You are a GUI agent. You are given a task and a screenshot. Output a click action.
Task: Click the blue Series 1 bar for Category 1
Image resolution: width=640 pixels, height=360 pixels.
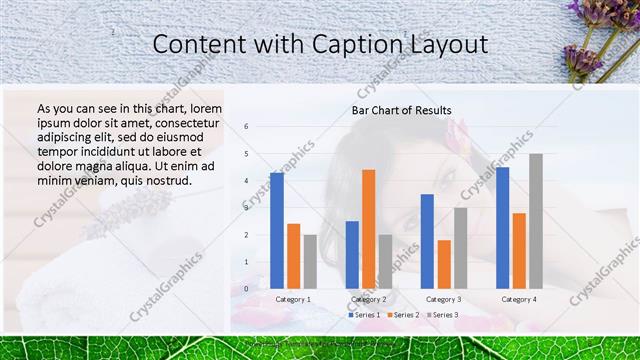(276, 231)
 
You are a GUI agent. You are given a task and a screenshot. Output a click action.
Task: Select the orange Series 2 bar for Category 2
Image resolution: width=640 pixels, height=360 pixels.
(368, 229)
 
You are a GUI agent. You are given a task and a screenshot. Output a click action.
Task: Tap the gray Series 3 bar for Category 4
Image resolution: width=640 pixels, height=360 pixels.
(536, 221)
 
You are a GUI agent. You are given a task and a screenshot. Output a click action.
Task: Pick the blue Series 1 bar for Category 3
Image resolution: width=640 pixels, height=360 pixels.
(427, 241)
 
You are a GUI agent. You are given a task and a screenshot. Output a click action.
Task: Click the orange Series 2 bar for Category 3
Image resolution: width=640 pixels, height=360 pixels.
(444, 264)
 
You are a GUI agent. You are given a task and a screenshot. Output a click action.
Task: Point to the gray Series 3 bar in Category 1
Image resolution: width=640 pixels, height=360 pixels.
(310, 261)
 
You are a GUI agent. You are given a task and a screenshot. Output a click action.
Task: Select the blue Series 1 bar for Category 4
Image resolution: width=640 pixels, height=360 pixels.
(502, 228)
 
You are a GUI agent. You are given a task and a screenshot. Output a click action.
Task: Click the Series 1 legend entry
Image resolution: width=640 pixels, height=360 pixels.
(364, 315)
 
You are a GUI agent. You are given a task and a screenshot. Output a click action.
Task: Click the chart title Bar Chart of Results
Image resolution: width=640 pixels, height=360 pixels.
(401, 110)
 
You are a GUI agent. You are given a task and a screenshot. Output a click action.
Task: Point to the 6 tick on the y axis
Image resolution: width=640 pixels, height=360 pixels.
(246, 127)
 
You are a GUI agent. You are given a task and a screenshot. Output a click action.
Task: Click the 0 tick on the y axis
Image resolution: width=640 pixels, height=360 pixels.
(246, 289)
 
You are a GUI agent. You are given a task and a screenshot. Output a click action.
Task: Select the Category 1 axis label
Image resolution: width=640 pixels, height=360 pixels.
(293, 299)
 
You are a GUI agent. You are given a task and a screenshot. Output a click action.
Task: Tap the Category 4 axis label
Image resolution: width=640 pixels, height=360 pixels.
(518, 299)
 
